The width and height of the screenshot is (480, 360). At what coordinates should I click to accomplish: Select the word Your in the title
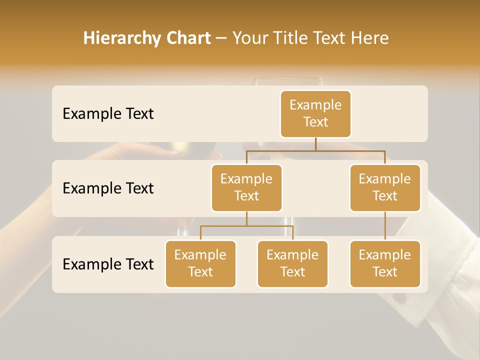pyautogui.click(x=249, y=38)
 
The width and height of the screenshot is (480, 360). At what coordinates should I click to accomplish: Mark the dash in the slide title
pyautogui.click(x=221, y=38)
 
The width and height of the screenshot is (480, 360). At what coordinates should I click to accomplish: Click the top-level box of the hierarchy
pyautogui.click(x=315, y=114)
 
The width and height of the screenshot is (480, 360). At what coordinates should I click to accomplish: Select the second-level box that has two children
pyautogui.click(x=246, y=188)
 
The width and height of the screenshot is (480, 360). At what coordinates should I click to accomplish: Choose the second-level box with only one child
pyautogui.click(x=385, y=188)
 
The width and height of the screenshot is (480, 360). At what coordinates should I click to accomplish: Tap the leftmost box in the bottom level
pyautogui.click(x=200, y=264)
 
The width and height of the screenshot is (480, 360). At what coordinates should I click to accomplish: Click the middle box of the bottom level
pyautogui.click(x=292, y=264)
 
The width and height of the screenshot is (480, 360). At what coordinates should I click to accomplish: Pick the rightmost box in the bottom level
pyautogui.click(x=385, y=264)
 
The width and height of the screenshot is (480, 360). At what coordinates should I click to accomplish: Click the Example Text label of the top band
pyautogui.click(x=108, y=114)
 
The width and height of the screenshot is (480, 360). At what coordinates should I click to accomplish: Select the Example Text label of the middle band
pyautogui.click(x=108, y=188)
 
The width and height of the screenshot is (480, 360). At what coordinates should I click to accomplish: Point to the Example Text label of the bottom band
pyautogui.click(x=108, y=264)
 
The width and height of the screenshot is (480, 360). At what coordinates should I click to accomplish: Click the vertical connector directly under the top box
pyautogui.click(x=315, y=144)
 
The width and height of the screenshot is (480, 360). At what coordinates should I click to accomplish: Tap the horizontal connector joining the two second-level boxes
pyautogui.click(x=315, y=150)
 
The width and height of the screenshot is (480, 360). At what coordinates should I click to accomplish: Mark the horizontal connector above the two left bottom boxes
pyautogui.click(x=246, y=226)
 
